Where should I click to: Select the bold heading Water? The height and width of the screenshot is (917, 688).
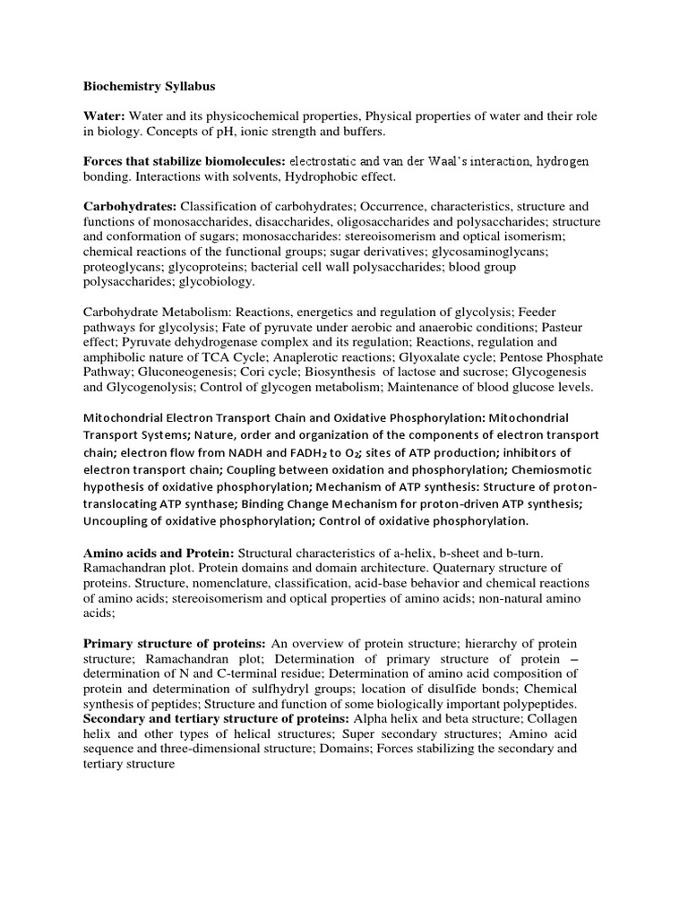105,117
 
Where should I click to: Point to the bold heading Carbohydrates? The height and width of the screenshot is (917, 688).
130,205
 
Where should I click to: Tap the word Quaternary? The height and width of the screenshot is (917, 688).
460,567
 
